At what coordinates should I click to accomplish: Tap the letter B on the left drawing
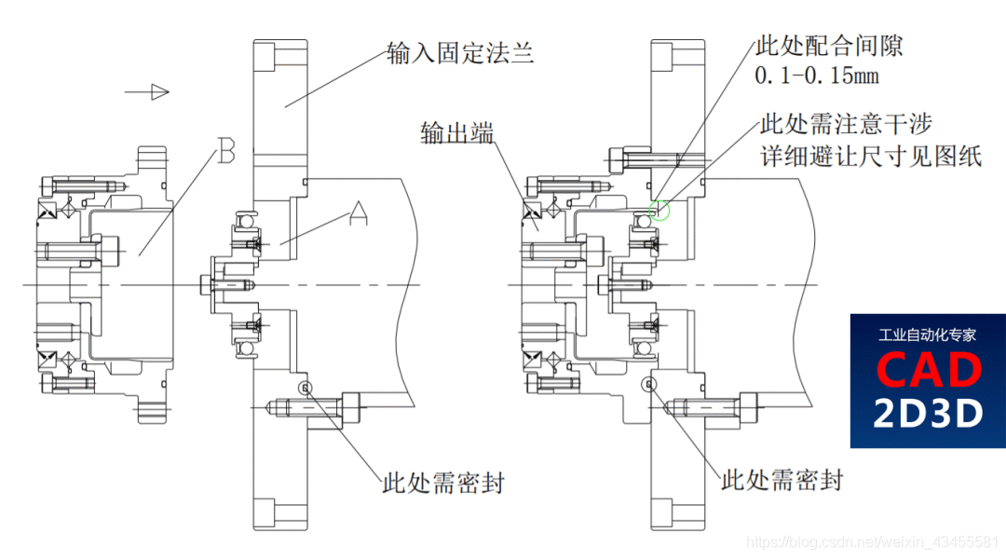tap(225, 152)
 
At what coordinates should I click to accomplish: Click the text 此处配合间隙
tap(829, 45)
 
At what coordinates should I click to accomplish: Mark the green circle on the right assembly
tap(659, 211)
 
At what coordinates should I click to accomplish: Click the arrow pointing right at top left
tap(148, 91)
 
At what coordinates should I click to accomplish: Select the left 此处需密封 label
tap(443, 483)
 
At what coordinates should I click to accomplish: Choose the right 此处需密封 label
tap(782, 480)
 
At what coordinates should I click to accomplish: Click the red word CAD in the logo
tap(928, 370)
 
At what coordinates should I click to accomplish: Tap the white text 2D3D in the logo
tap(928, 413)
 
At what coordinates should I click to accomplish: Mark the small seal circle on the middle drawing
tap(304, 387)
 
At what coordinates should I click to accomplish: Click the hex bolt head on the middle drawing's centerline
tap(206, 283)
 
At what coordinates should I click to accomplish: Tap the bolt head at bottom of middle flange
tap(351, 407)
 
